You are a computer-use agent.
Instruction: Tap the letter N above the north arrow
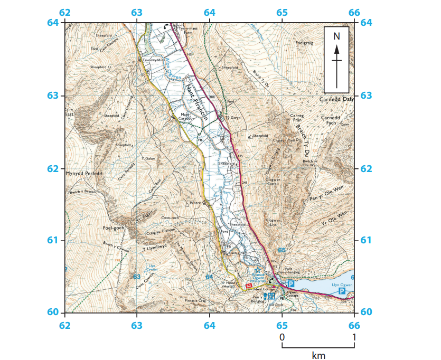[336, 36]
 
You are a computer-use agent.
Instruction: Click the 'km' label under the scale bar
[318, 355]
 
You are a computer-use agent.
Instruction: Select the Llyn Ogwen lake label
[342, 285]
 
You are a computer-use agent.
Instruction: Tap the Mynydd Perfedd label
[83, 173]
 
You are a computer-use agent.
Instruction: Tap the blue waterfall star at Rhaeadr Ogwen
[258, 270]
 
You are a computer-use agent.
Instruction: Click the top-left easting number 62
[65, 13]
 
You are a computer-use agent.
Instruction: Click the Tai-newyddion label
[154, 60]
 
